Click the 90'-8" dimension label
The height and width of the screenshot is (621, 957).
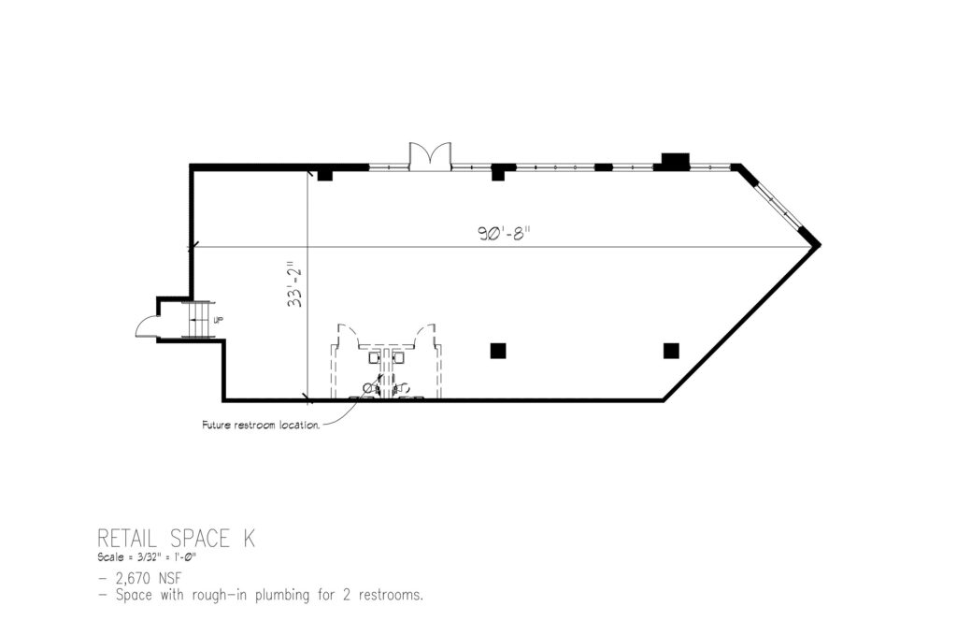(501, 234)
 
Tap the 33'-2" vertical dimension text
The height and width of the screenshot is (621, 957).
(295, 283)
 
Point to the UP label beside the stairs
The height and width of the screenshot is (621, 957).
(219, 319)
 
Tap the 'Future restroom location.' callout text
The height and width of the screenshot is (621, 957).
(261, 425)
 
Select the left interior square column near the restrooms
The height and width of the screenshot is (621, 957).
(498, 351)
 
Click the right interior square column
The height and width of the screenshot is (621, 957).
(671, 351)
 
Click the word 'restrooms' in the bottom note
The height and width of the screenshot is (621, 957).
(391, 595)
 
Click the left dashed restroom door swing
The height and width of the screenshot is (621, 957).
(349, 335)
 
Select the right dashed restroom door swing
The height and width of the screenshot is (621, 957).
(425, 335)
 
